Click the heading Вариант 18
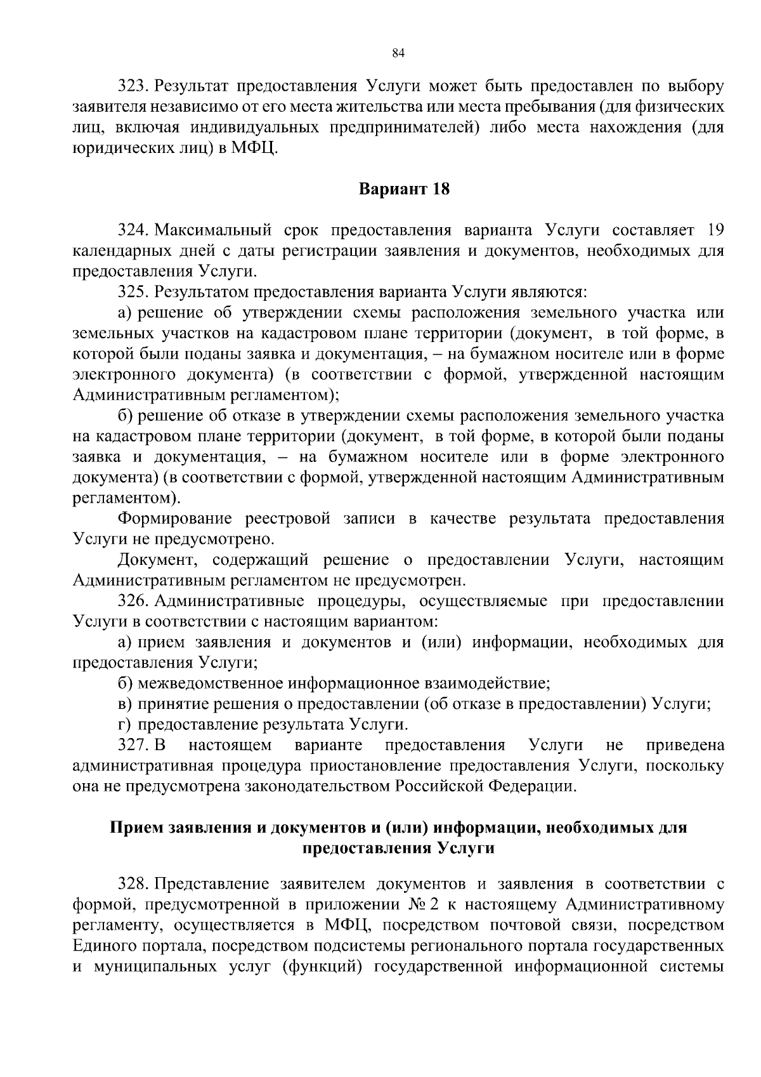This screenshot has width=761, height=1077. pos(405,189)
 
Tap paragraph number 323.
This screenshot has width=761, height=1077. pos(132,86)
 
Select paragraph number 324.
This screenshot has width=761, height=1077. pos(132,230)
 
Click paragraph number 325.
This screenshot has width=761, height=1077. pos(132,292)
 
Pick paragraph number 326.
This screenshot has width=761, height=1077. pos(132,601)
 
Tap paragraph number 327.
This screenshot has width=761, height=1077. pos(132,745)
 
